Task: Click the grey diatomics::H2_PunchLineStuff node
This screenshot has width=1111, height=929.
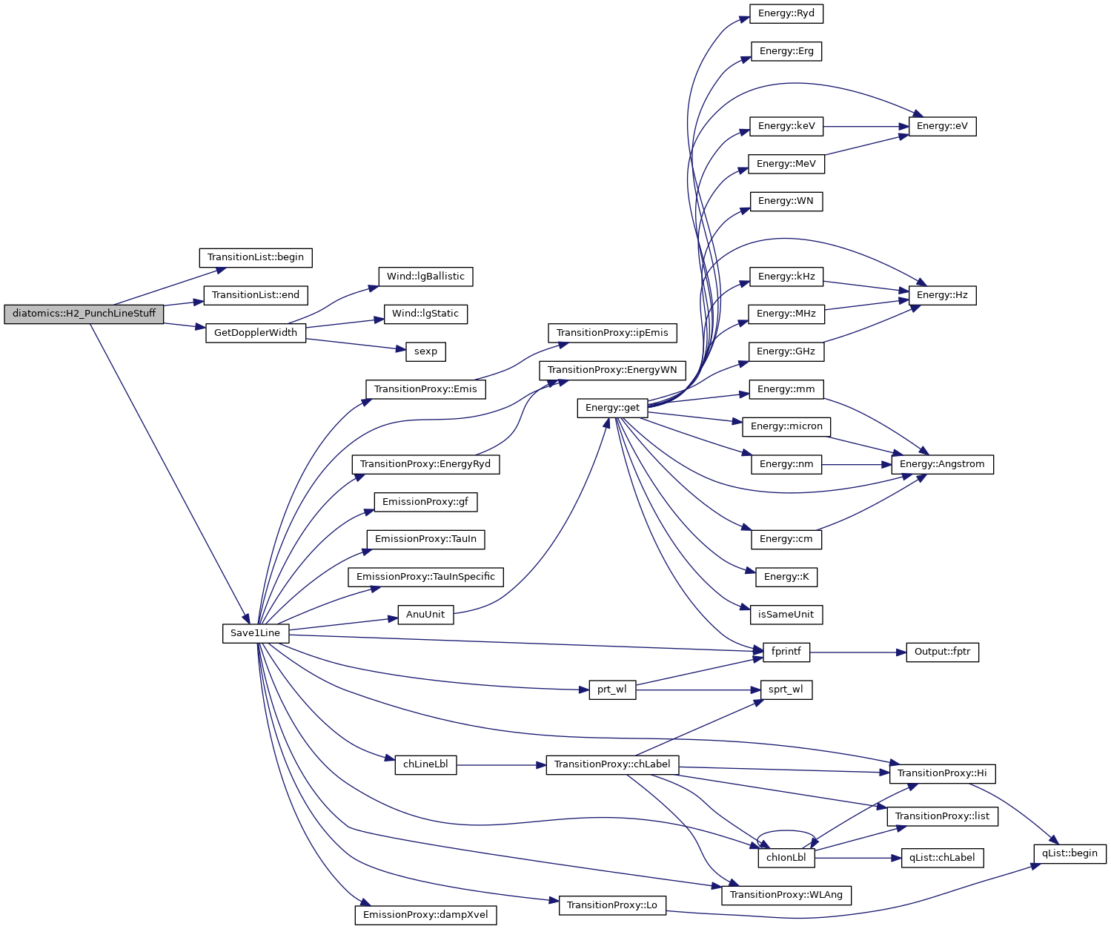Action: coord(84,314)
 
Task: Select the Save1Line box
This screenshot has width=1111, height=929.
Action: coord(255,633)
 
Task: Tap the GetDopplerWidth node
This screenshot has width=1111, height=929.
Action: coord(255,333)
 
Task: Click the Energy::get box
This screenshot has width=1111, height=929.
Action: coord(612,408)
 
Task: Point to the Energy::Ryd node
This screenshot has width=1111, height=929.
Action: coord(786,13)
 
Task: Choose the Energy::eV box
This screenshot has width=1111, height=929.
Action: coord(942,126)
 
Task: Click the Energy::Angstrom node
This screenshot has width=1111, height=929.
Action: coord(941,464)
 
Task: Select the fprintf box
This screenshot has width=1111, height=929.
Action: coord(786,652)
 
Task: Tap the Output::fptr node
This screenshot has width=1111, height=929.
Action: coord(942,652)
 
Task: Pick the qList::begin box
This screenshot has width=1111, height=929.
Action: coord(1069,853)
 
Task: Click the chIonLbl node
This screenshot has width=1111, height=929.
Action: coord(786,858)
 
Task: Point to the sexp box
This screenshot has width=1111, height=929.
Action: coord(425,351)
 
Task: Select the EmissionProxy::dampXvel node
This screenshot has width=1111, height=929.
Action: coord(425,915)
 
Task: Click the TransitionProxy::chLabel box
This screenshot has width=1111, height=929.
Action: coord(612,764)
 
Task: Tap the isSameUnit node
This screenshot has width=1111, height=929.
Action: coord(786,615)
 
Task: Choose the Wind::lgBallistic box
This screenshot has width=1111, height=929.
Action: coord(425,277)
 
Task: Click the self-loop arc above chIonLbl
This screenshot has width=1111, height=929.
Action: coord(786,830)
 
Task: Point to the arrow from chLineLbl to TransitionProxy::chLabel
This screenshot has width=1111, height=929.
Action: coord(501,764)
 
